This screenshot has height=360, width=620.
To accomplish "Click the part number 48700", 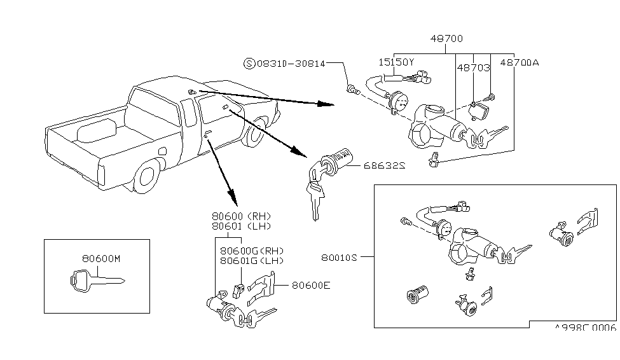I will coord(445,39).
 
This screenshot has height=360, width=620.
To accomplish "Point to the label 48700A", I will coord(519,64).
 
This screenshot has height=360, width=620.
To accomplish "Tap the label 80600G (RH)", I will coord(251,251).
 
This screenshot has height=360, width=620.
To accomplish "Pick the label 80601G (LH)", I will coord(251,261).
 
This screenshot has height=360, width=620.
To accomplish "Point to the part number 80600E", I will coord(311,285).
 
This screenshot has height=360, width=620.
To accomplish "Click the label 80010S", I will coord(341,258).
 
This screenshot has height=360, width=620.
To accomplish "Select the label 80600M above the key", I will coord(101,259).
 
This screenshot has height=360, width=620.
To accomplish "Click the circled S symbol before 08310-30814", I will coord(249,64).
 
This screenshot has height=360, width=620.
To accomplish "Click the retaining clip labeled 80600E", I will coord(261,287).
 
